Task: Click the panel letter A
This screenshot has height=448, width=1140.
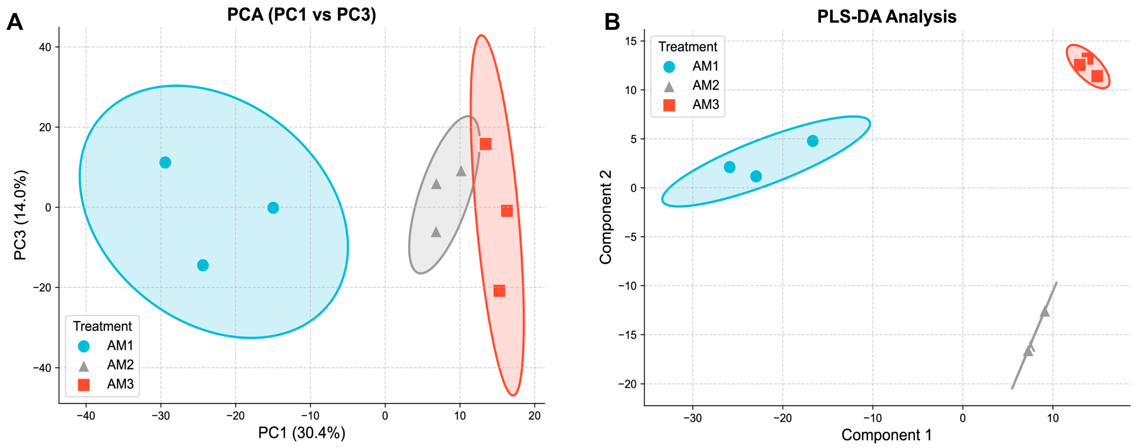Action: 15,22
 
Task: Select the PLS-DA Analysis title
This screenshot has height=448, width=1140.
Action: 886,17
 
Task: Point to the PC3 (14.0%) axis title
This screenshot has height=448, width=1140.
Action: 20,215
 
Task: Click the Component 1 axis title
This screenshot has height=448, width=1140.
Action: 886,435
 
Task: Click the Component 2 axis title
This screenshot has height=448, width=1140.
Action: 605,217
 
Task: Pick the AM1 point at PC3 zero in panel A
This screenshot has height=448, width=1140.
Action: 273,207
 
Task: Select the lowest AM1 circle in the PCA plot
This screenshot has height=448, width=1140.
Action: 203,265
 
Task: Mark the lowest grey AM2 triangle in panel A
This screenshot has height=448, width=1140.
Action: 436,232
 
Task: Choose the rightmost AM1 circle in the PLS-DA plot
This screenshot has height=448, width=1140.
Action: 812,141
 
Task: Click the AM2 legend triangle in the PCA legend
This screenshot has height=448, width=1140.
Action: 84,366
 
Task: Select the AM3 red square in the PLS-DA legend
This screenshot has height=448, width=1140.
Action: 669,105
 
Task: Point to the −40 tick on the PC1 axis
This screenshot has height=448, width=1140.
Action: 86,416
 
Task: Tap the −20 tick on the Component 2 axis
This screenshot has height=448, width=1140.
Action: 627,384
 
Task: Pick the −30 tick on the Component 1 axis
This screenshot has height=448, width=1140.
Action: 693,418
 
